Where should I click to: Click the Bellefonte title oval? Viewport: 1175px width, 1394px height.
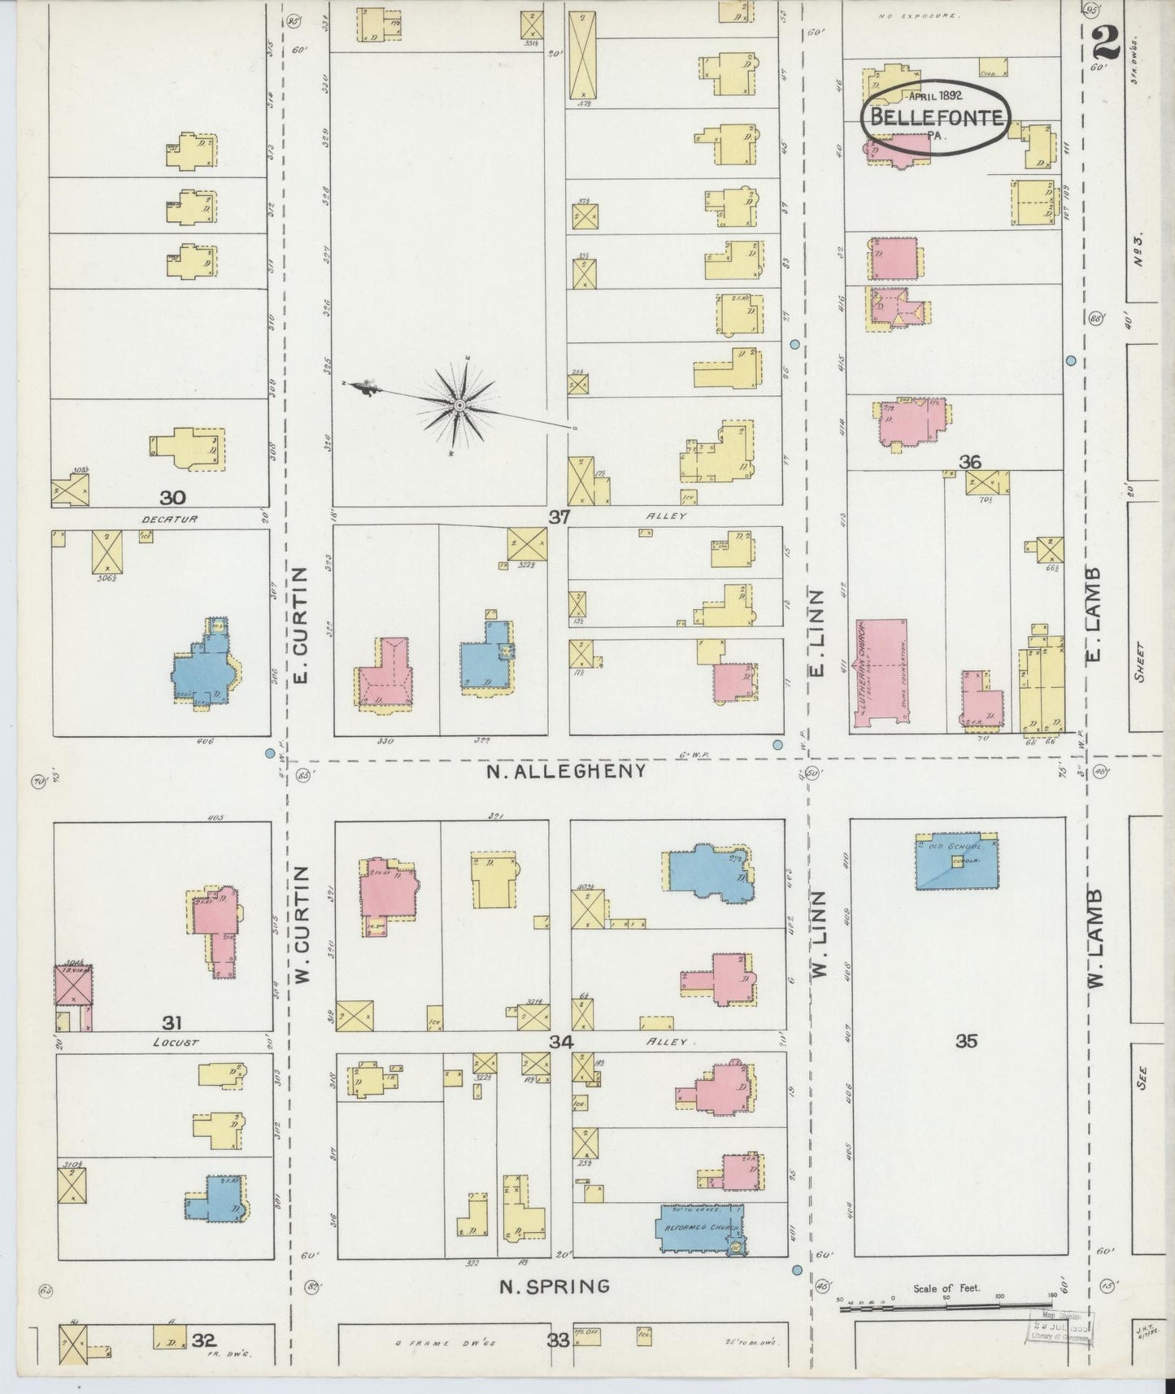(x=935, y=119)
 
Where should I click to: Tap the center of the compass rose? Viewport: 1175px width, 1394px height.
(x=459, y=404)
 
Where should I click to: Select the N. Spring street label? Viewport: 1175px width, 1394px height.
(x=554, y=1286)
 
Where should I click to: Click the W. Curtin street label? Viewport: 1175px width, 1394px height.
(x=303, y=923)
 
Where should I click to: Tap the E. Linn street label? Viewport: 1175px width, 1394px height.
(x=818, y=633)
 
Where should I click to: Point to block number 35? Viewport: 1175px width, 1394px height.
(x=965, y=1040)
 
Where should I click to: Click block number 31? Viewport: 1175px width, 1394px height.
(x=172, y=1023)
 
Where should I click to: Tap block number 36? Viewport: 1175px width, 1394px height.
(x=969, y=462)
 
